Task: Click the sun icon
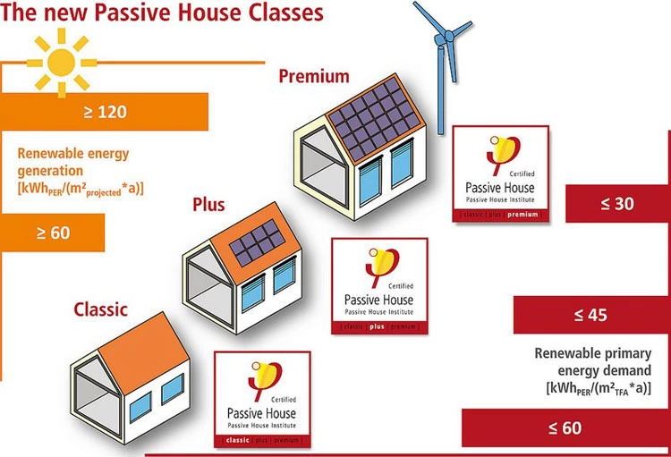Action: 61,62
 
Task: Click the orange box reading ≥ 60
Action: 53,233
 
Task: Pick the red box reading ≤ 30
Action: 617,204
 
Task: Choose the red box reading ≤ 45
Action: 591,315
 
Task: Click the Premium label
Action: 313,76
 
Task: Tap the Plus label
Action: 208,206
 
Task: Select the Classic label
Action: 100,310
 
